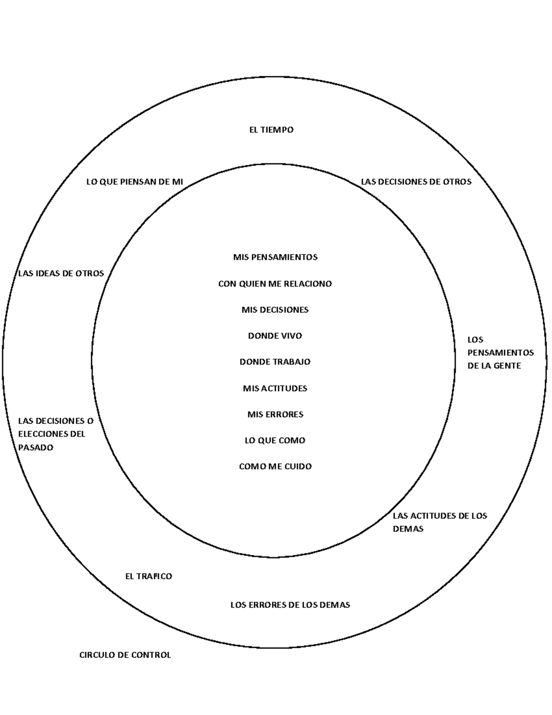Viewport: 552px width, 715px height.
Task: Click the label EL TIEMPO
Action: pos(271,130)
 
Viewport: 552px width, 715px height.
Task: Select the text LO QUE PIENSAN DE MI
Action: pos(134,182)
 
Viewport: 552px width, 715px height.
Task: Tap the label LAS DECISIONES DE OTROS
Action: pos(416,182)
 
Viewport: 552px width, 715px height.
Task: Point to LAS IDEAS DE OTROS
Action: pos(61,273)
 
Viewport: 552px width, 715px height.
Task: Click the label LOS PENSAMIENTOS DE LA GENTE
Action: pos(500,353)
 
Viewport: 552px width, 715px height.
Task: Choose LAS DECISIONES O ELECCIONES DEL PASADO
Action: pos(55,434)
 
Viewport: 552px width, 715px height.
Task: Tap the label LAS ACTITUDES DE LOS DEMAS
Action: pos(439,522)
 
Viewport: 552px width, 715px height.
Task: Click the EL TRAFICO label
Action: pos(149,576)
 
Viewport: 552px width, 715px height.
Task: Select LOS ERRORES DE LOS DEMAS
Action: pos(290,605)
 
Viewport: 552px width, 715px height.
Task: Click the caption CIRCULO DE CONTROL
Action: pos(125,655)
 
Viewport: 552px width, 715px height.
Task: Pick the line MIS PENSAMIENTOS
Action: pos(275,257)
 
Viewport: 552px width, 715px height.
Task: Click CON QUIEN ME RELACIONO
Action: pos(275,284)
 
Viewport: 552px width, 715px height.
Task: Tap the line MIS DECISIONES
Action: pos(275,310)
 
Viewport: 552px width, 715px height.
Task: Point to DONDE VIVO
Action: pos(275,336)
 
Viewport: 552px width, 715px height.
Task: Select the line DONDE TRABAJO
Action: pos(275,362)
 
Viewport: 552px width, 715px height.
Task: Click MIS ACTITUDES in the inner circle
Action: pos(275,388)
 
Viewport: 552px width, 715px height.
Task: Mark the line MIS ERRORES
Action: pos(275,414)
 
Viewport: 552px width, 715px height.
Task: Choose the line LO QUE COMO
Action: pos(275,441)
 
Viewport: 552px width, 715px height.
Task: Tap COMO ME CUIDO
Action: pos(275,466)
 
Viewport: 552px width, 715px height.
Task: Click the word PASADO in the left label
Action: pos(36,448)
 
